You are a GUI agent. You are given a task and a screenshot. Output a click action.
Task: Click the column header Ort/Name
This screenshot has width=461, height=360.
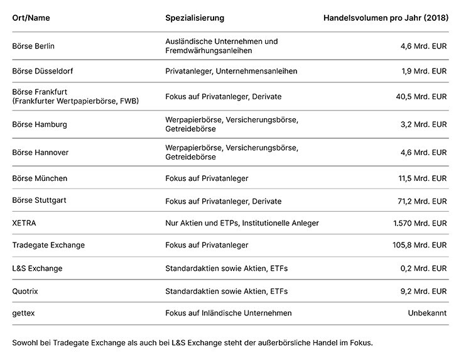pos(31,18)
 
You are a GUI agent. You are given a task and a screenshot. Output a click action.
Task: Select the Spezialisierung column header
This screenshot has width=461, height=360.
pos(195,18)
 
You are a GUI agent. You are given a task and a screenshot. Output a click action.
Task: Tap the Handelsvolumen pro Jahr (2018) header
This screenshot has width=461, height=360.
pos(386,18)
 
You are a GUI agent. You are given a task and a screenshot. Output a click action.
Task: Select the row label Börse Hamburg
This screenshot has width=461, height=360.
pos(40,124)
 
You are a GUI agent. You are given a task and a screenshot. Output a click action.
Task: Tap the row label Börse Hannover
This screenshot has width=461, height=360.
pos(40,152)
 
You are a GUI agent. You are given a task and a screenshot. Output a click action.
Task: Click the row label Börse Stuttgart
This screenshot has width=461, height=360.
pos(40,201)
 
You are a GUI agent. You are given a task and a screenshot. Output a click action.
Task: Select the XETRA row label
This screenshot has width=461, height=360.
pos(24,223)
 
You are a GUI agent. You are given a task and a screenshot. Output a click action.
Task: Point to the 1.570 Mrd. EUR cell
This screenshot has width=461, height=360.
pos(420,223)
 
